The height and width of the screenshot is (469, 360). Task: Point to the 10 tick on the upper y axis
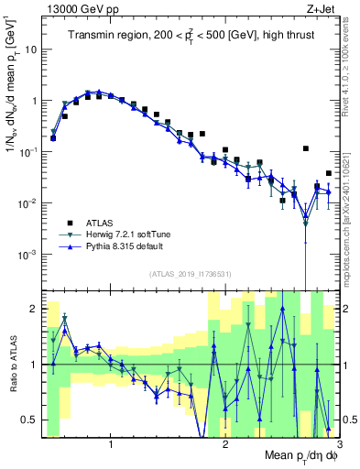(x=32, y=49)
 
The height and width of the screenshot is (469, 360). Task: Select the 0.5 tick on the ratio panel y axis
(x=31, y=420)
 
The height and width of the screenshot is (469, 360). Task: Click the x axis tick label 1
(x=111, y=445)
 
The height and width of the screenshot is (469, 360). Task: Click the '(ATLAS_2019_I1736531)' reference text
(x=187, y=274)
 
